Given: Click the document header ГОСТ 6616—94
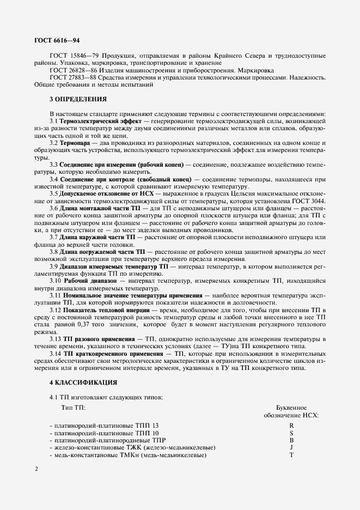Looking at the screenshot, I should [x=53, y=40].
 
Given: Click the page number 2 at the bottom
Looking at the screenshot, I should [x=36, y=468].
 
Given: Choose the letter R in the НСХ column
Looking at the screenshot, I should [x=292, y=425].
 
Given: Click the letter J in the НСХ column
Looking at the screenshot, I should [x=292, y=447].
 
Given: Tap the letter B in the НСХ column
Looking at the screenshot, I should [x=292, y=440].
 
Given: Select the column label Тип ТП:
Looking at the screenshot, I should [x=73, y=408].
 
